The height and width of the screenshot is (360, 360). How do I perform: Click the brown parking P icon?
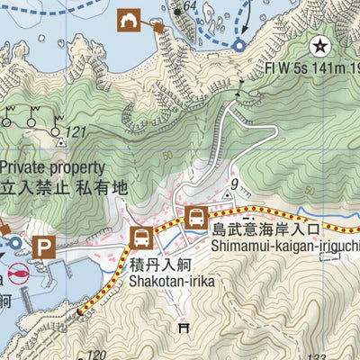pyautogui.click(x=44, y=246)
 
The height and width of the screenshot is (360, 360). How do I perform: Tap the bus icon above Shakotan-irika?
pyautogui.click(x=140, y=238)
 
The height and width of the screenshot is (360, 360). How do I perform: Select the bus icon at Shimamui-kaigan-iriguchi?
pyautogui.click(x=195, y=217)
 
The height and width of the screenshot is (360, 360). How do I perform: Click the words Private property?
pyautogui.click(x=52, y=167)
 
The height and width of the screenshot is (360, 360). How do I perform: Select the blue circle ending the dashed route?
pyautogui.click(x=239, y=45)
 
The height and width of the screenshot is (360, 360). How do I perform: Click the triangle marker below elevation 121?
pyautogui.click(x=61, y=142)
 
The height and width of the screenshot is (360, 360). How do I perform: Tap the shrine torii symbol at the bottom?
pyautogui.click(x=185, y=327)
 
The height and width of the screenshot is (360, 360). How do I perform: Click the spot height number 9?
pyautogui.click(x=233, y=184)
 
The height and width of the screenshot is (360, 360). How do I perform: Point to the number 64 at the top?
pyautogui.click(x=188, y=5)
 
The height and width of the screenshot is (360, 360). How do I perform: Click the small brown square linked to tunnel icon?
pyautogui.click(x=158, y=27)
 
